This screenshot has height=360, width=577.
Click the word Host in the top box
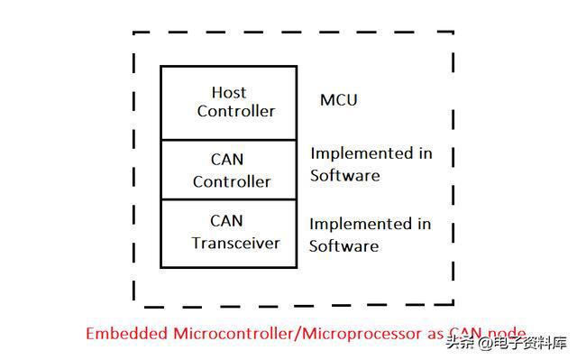point(229,92)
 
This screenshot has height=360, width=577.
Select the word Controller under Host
point(236,111)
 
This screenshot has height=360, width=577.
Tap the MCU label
point(339,100)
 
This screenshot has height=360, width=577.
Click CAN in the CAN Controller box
point(227,160)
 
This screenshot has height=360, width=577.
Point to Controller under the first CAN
point(232,182)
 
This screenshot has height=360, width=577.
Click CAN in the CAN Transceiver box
point(226,221)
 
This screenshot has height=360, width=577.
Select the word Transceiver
point(235,244)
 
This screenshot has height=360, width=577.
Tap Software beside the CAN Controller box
point(344,176)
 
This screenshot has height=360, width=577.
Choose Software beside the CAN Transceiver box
point(343,246)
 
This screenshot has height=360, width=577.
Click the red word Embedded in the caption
point(126,334)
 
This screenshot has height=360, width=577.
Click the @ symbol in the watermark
point(485,344)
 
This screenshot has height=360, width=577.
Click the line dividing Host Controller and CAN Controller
point(228,140)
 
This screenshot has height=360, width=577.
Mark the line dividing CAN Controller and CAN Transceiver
point(228,200)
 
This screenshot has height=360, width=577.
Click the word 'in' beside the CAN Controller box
point(425,153)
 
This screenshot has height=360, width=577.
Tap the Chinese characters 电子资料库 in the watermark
point(530,344)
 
